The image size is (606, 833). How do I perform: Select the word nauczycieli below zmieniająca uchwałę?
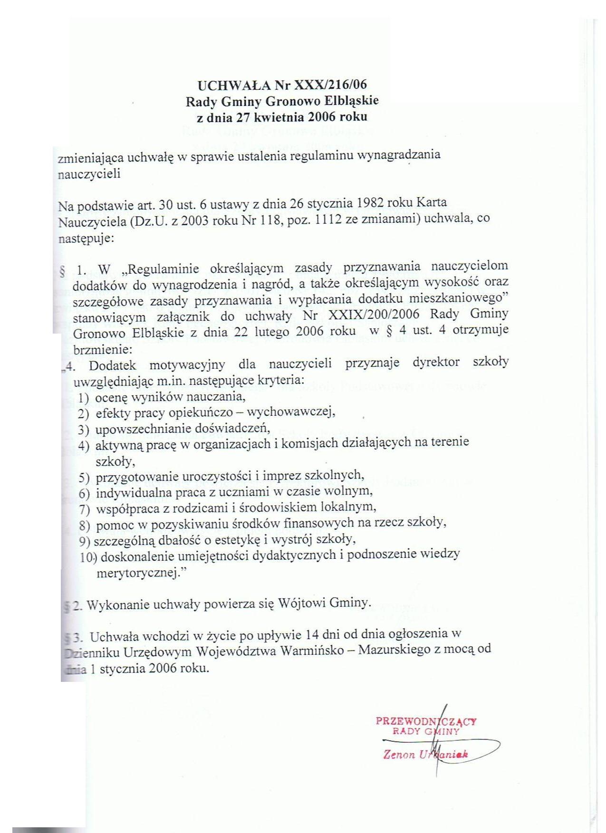point(89,173)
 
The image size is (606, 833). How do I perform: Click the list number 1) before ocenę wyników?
point(84,397)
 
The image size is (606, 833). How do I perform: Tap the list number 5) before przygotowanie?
point(84,477)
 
